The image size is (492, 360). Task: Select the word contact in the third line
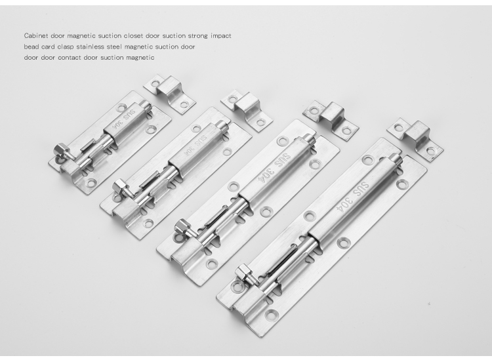[x=69, y=58]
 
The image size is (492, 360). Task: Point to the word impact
[x=221, y=36]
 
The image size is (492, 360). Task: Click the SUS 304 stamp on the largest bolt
[x=354, y=196]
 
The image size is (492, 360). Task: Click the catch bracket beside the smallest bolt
[x=169, y=93]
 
